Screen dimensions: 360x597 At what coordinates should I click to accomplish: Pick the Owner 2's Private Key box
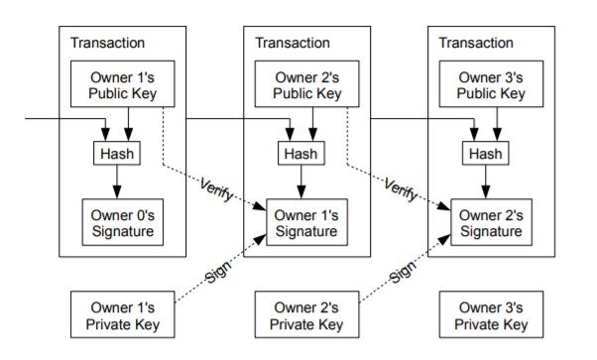coord(305,314)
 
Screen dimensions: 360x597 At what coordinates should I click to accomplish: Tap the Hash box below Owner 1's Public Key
coord(116,154)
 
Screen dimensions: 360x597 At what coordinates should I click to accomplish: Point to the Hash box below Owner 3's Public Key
coord(485,154)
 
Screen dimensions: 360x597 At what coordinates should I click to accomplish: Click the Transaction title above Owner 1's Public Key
coord(107,43)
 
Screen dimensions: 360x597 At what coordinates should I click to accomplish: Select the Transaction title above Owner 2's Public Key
coord(293,43)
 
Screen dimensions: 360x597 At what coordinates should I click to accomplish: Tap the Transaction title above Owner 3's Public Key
coord(476,43)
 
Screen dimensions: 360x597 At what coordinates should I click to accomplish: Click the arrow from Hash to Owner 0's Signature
coord(116,181)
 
